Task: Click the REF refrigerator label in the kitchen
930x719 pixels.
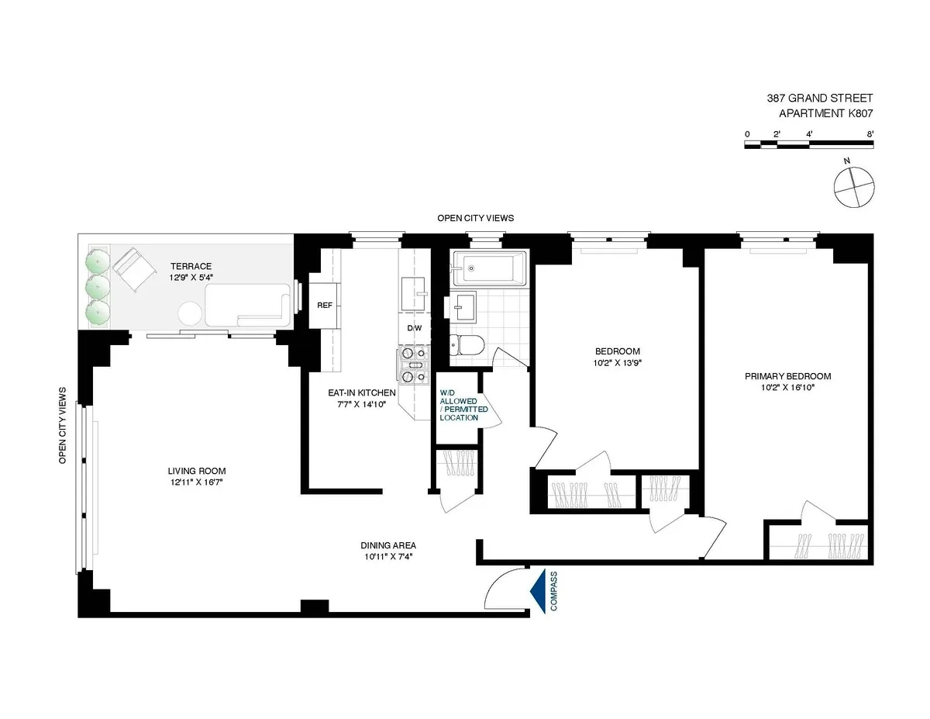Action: click(x=325, y=305)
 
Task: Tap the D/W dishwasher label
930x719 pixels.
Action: click(x=415, y=327)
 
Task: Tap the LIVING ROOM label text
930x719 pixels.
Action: click(x=197, y=471)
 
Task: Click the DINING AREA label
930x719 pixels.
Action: click(x=388, y=545)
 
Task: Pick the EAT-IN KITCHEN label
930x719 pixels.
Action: click(x=362, y=393)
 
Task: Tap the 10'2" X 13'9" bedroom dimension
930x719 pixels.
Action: click(x=618, y=361)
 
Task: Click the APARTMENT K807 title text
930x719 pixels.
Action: click(x=825, y=113)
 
